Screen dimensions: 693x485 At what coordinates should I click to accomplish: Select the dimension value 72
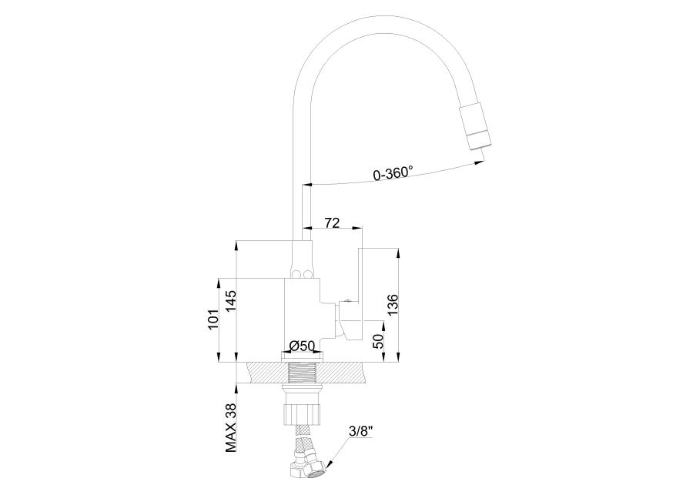click(332, 223)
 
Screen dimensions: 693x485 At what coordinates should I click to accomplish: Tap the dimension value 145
click(231, 302)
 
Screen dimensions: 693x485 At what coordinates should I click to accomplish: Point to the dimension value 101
click(213, 319)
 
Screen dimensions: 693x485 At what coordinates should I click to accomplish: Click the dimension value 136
click(393, 305)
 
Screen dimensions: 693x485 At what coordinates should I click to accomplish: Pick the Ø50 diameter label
click(301, 346)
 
